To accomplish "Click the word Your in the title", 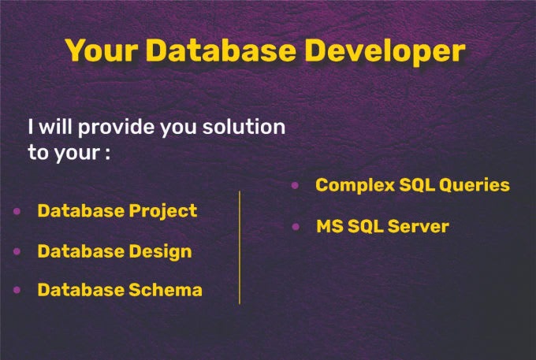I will pyautogui.click(x=102, y=51).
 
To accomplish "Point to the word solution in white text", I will pyautogui.click(x=244, y=127).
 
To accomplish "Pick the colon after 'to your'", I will pyautogui.click(x=105, y=154).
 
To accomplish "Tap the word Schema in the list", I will pyautogui.click(x=166, y=290).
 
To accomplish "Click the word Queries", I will pyautogui.click(x=473, y=185).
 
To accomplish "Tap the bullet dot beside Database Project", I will pyautogui.click(x=17, y=212).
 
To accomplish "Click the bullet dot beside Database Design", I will pyautogui.click(x=17, y=251).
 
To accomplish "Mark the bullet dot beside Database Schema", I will pyautogui.click(x=17, y=290).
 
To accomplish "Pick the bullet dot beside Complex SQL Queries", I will pyautogui.click(x=295, y=186).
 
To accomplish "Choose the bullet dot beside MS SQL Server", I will pyautogui.click(x=296, y=227).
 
